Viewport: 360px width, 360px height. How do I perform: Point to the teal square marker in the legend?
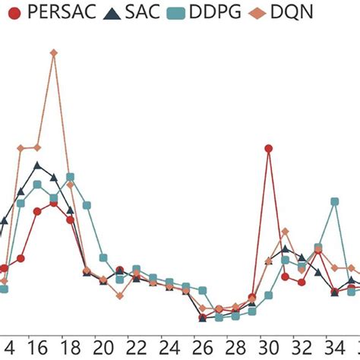tap(177, 12)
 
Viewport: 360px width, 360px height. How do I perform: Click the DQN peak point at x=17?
tap(53, 52)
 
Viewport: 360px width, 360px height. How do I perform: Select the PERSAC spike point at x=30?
tap(268, 149)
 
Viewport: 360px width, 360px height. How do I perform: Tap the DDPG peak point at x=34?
tap(334, 201)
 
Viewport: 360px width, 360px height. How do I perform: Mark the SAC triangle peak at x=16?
tap(37, 166)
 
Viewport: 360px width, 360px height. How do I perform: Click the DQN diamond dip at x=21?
tap(120, 295)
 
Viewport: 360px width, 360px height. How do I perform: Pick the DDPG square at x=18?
tap(70, 177)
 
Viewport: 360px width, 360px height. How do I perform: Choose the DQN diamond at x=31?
tap(285, 231)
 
